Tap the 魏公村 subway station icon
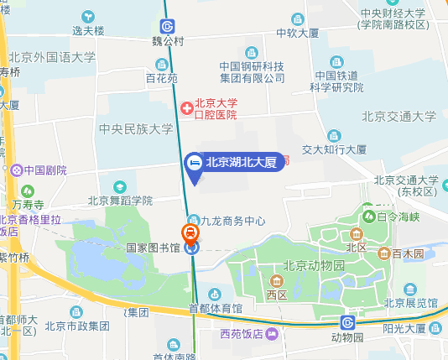[x=169, y=26]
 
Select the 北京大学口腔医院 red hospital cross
[x=187, y=107]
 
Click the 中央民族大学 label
[x=136, y=128]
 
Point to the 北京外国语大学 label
[x=52, y=57]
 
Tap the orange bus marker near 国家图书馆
[x=191, y=232]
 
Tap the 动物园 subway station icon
[x=347, y=322]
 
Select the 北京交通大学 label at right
[x=399, y=117]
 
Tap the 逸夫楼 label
[x=88, y=30]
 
